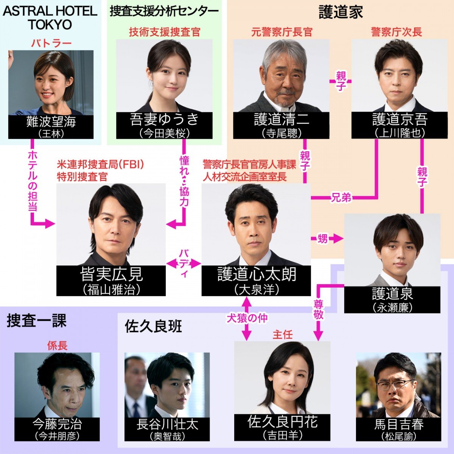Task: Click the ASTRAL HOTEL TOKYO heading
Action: click(50, 18)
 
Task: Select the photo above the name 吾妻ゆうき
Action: click(164, 76)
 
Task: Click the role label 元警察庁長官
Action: click(281, 32)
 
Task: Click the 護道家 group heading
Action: click(340, 12)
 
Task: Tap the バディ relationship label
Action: click(183, 263)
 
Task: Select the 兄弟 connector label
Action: click(341, 197)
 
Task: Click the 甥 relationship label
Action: click(322, 239)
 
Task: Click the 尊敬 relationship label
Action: click(319, 309)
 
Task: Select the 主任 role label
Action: click(282, 334)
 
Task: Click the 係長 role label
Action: click(57, 345)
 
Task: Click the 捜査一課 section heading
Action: click(37, 321)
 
